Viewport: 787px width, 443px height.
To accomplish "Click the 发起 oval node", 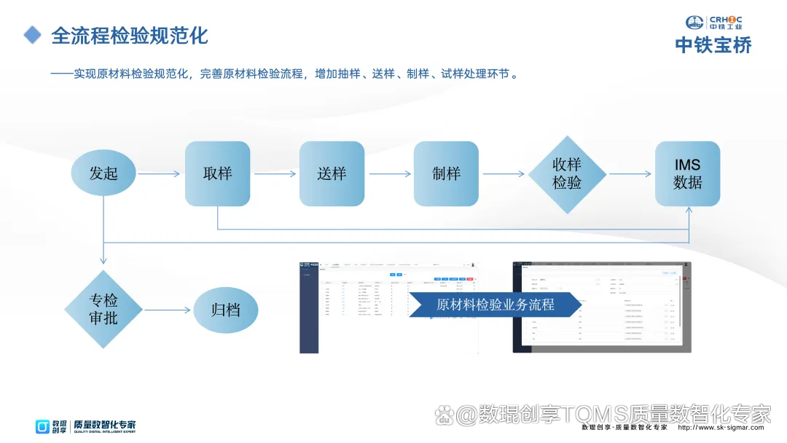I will click(x=103, y=173).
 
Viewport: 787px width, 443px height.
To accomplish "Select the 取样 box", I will click(x=217, y=173).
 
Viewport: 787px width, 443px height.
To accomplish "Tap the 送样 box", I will click(x=332, y=173).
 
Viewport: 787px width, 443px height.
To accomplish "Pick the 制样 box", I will click(x=446, y=173).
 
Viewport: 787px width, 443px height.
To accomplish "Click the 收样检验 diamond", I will click(x=567, y=174).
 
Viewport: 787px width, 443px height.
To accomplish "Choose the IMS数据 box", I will click(x=688, y=173).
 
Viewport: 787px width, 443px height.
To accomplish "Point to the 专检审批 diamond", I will click(x=103, y=310).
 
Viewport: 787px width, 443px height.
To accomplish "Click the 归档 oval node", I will click(x=225, y=310).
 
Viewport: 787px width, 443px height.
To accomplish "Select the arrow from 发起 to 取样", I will click(x=159, y=174).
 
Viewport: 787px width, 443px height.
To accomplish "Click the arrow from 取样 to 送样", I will click(x=275, y=174).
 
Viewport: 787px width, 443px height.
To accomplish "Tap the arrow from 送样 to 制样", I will click(x=389, y=174).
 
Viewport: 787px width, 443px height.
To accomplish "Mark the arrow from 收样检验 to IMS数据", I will click(x=630, y=174).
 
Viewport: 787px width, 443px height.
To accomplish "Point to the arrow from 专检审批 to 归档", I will click(x=167, y=310).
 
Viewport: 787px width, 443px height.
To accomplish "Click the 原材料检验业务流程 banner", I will click(x=496, y=305).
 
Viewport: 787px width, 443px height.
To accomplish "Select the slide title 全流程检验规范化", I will click(x=130, y=35).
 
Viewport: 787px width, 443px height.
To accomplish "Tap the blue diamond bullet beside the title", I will click(x=32, y=35).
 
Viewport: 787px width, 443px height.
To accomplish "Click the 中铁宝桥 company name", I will click(x=713, y=45).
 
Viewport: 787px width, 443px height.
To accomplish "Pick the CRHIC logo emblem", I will click(x=695, y=23).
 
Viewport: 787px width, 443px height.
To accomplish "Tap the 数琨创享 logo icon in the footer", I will click(x=44, y=426).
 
